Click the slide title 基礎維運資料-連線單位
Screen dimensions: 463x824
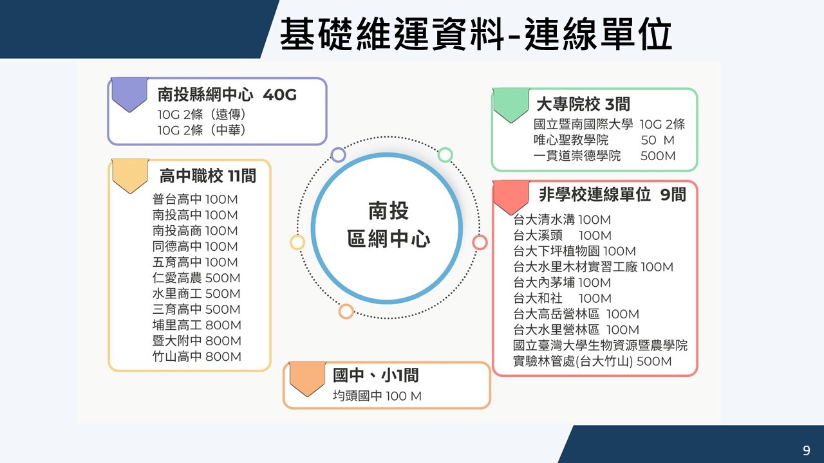pyautogui.click(x=476, y=33)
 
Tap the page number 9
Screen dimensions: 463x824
pyautogui.click(x=807, y=451)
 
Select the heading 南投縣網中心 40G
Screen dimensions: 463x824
pyautogui.click(x=227, y=95)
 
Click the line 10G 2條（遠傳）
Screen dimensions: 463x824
pyautogui.click(x=201, y=114)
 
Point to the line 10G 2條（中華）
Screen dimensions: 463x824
pyautogui.click(x=201, y=130)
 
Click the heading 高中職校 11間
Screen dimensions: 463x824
pyautogui.click(x=207, y=176)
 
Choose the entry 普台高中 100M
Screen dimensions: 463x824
pyautogui.click(x=195, y=199)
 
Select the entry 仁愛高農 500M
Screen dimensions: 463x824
pyautogui.click(x=196, y=278)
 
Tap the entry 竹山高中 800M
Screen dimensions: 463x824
pyautogui.click(x=196, y=356)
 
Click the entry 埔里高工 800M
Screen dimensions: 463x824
pyautogui.click(x=196, y=325)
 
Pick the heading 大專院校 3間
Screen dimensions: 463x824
pyautogui.click(x=583, y=104)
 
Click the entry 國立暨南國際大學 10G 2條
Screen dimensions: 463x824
pyautogui.click(x=609, y=125)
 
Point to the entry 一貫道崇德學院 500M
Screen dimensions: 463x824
pyautogui.click(x=604, y=156)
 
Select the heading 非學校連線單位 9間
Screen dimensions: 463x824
pyautogui.click(x=612, y=195)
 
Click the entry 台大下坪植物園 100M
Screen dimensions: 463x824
pyautogui.click(x=574, y=251)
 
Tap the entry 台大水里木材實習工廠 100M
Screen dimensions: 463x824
pyautogui.click(x=593, y=267)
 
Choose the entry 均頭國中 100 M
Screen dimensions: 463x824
pyautogui.click(x=377, y=396)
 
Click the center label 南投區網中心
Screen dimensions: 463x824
pyautogui.click(x=388, y=226)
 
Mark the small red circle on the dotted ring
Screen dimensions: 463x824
pyautogui.click(x=480, y=242)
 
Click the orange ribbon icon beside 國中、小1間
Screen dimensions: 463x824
pyautogui.click(x=307, y=379)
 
